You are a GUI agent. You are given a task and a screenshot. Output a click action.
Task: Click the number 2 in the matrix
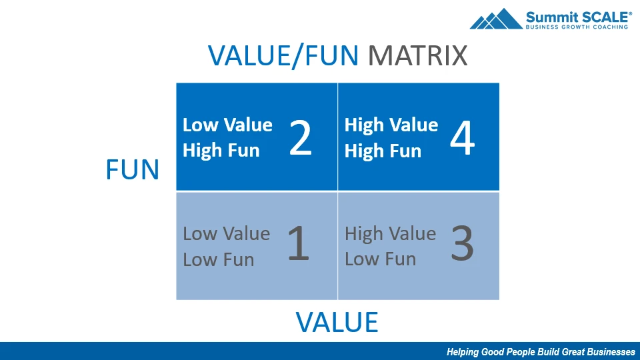click(301, 137)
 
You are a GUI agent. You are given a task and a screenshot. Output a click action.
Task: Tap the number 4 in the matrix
click(463, 137)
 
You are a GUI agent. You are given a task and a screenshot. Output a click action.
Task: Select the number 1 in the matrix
click(299, 244)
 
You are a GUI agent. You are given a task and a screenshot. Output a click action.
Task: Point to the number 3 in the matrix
click(463, 244)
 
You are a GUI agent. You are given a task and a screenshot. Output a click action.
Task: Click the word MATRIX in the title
click(417, 56)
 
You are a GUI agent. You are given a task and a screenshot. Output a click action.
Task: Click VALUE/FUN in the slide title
click(283, 56)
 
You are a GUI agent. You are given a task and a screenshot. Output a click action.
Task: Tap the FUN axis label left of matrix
click(132, 170)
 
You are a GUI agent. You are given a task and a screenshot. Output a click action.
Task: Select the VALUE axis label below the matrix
click(337, 322)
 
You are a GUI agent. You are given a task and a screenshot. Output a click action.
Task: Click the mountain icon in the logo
click(496, 19)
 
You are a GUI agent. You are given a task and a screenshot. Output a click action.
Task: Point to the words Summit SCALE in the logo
click(579, 17)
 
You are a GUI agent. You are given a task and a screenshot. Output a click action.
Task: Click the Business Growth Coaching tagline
click(577, 27)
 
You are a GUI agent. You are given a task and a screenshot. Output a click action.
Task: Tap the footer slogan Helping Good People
click(541, 352)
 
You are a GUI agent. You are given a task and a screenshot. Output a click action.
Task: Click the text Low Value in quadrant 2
click(227, 125)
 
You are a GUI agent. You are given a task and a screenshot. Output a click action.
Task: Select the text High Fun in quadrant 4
click(383, 151)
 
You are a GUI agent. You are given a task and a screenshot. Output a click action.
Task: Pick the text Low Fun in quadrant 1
click(219, 259)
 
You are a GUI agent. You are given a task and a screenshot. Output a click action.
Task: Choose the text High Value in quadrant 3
click(390, 233)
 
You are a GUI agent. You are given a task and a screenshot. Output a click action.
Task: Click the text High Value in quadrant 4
click(391, 125)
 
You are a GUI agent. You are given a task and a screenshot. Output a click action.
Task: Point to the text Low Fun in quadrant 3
click(381, 259)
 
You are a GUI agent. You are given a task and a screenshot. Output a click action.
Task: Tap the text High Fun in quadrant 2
click(221, 150)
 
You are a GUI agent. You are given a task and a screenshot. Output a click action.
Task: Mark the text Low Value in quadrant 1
click(226, 234)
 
